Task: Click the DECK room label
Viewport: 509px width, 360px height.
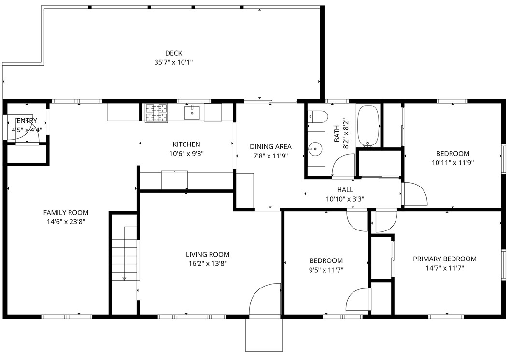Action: (173, 53)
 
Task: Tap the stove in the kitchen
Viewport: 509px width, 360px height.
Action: (156, 113)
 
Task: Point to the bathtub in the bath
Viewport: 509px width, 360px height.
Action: (368, 126)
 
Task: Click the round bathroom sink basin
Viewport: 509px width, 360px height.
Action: (315, 149)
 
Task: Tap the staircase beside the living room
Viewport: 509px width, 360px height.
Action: (125, 254)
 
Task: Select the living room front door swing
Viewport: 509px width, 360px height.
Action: (263, 300)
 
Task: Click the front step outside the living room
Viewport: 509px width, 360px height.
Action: (263, 334)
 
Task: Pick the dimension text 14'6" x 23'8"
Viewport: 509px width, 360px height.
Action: (66, 222)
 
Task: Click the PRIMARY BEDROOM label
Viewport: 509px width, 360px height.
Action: (444, 259)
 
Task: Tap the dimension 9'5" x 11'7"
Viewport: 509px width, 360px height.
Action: (326, 270)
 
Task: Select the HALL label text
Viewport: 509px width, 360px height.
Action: (345, 190)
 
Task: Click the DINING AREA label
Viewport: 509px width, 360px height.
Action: (270, 146)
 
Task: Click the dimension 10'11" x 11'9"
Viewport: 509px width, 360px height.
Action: (452, 163)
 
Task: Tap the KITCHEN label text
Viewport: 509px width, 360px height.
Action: (186, 144)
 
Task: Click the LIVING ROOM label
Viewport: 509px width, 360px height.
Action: (208, 254)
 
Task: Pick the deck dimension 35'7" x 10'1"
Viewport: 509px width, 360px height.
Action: (173, 62)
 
